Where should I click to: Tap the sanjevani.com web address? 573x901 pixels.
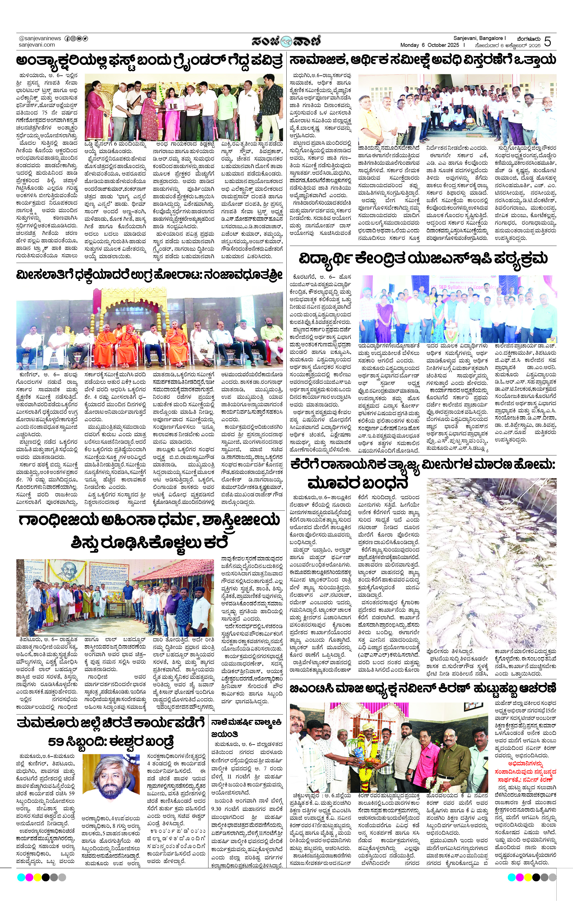pyautogui.click(x=37, y=45)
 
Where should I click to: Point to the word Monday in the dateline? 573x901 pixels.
pyautogui.click(x=409, y=45)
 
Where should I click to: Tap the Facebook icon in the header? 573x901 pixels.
pyautogui.click(x=67, y=39)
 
